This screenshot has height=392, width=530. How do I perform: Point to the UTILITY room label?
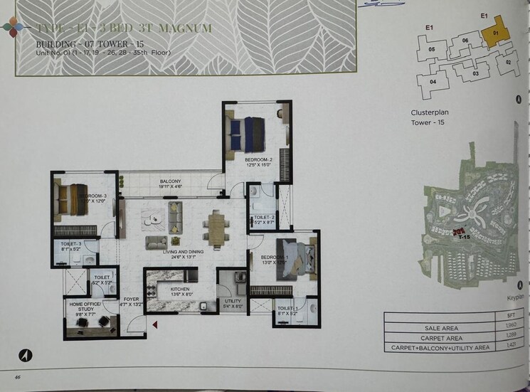pos(233,302)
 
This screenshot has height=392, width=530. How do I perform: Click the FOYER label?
pos(131,300)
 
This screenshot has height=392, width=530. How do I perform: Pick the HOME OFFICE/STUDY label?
pos(85,305)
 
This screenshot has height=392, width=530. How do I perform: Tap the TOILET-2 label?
pos(264,218)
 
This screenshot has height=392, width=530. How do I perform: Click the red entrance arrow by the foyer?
pos(154,325)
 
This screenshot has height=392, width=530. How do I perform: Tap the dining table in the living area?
pos(216,227)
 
